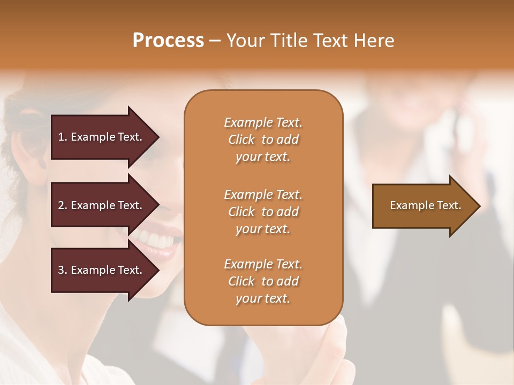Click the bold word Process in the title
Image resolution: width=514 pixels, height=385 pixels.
tap(168, 41)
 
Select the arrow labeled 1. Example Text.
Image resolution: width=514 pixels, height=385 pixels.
tap(102, 137)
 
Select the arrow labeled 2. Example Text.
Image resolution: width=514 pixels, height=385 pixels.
tap(102, 205)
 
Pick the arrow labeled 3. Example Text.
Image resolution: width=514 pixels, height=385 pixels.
tap(102, 270)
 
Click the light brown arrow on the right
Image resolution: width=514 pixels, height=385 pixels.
tap(423, 206)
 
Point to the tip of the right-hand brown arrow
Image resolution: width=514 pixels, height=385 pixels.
tap(479, 206)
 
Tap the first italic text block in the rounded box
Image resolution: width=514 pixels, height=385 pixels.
tap(263, 140)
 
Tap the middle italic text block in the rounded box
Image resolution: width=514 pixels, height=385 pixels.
tap(263, 212)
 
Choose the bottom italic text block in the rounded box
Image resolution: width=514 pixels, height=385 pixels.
tap(263, 281)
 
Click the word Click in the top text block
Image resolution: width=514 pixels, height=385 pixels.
tap(241, 140)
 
